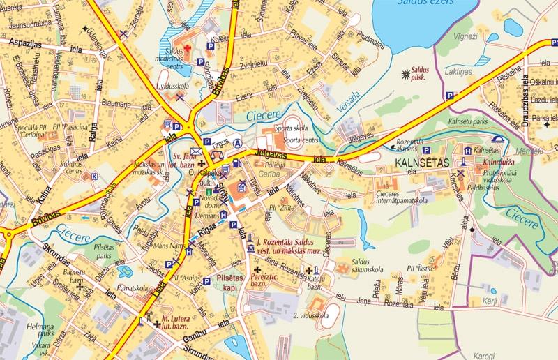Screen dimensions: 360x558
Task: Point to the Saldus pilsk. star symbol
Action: point(406,73)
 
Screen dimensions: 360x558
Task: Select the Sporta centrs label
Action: point(282,140)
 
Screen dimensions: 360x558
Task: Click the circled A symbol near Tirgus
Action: point(238,144)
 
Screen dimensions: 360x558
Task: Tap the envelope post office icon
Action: point(197,151)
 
